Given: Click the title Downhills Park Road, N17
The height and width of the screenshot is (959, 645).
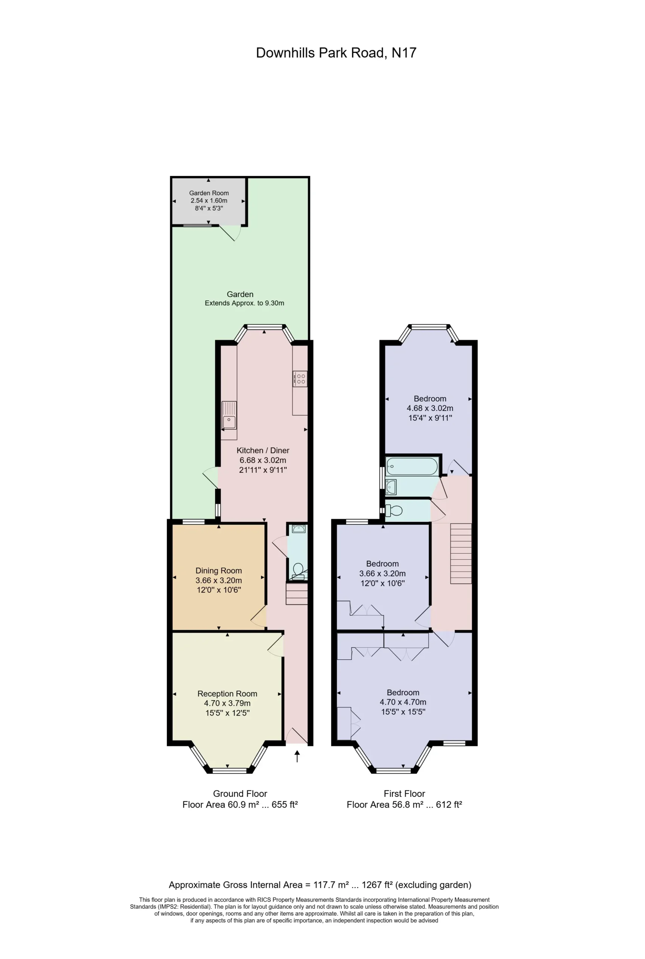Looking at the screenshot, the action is [x=336, y=53].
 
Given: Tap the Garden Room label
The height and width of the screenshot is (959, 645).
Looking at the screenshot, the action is [x=209, y=193].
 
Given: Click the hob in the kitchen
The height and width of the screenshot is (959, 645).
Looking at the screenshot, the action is [x=300, y=379].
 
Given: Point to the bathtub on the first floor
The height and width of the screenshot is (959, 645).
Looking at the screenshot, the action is [x=412, y=466].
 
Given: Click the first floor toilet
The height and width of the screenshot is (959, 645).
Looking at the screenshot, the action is [x=394, y=511].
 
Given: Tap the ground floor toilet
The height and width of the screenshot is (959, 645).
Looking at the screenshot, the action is [x=298, y=571].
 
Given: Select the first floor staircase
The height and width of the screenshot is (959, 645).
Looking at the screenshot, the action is [x=461, y=553].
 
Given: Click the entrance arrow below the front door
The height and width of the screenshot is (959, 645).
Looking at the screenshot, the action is [x=297, y=756].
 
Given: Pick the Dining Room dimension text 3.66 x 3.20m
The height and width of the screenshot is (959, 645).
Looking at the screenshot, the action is [x=218, y=580].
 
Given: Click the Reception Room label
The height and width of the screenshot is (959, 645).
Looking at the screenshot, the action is [x=227, y=694].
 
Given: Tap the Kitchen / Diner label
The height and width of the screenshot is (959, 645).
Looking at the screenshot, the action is [x=263, y=451].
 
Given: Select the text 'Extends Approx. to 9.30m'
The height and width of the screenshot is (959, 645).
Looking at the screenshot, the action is [x=244, y=303].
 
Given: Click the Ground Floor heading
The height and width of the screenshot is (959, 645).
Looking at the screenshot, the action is [x=240, y=793].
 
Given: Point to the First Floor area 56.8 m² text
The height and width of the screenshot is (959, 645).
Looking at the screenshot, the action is [x=404, y=805].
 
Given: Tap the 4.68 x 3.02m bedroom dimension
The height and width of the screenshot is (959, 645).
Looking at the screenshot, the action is [x=430, y=408].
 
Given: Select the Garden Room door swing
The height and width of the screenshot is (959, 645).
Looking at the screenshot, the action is [x=230, y=233].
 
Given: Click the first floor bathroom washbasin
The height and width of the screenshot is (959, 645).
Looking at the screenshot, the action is [x=391, y=487].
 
